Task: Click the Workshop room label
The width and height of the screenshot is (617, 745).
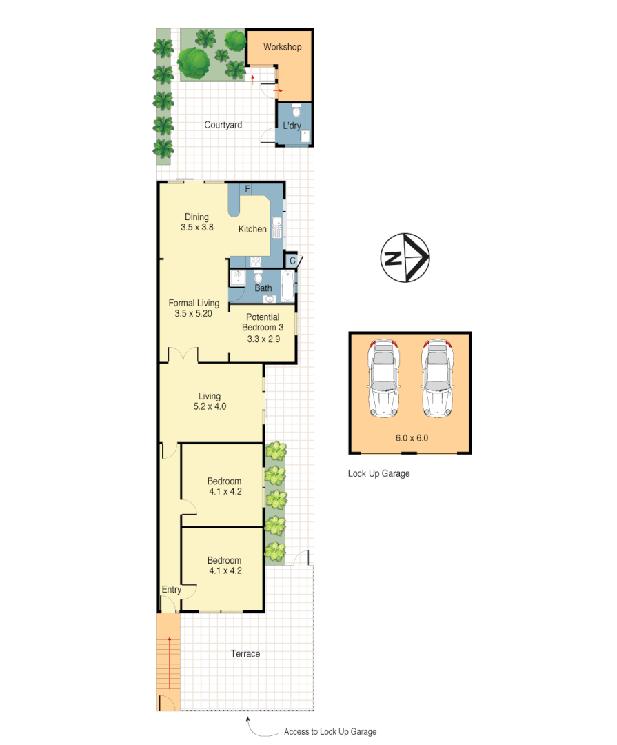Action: [x=282, y=48]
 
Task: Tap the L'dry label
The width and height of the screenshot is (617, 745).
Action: [x=292, y=126]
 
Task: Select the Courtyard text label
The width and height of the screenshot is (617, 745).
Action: [x=223, y=125]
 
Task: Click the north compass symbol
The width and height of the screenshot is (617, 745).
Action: [x=405, y=258]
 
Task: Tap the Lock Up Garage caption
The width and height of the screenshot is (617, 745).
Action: [x=378, y=473]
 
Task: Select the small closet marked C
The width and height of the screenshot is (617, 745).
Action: [x=292, y=261]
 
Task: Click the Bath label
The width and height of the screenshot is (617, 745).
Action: [x=263, y=288]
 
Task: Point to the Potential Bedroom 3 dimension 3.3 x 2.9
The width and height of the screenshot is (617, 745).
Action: [x=262, y=339]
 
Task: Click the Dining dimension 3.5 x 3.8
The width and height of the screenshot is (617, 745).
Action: [x=196, y=228]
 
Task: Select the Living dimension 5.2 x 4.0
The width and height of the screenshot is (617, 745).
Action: [x=209, y=406]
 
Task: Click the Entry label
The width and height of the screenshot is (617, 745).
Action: [x=172, y=590]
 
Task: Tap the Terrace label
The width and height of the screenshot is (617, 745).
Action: [x=245, y=653]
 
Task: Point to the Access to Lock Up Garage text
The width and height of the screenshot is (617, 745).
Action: [x=330, y=732]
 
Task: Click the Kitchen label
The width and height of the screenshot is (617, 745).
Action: [x=252, y=229]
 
